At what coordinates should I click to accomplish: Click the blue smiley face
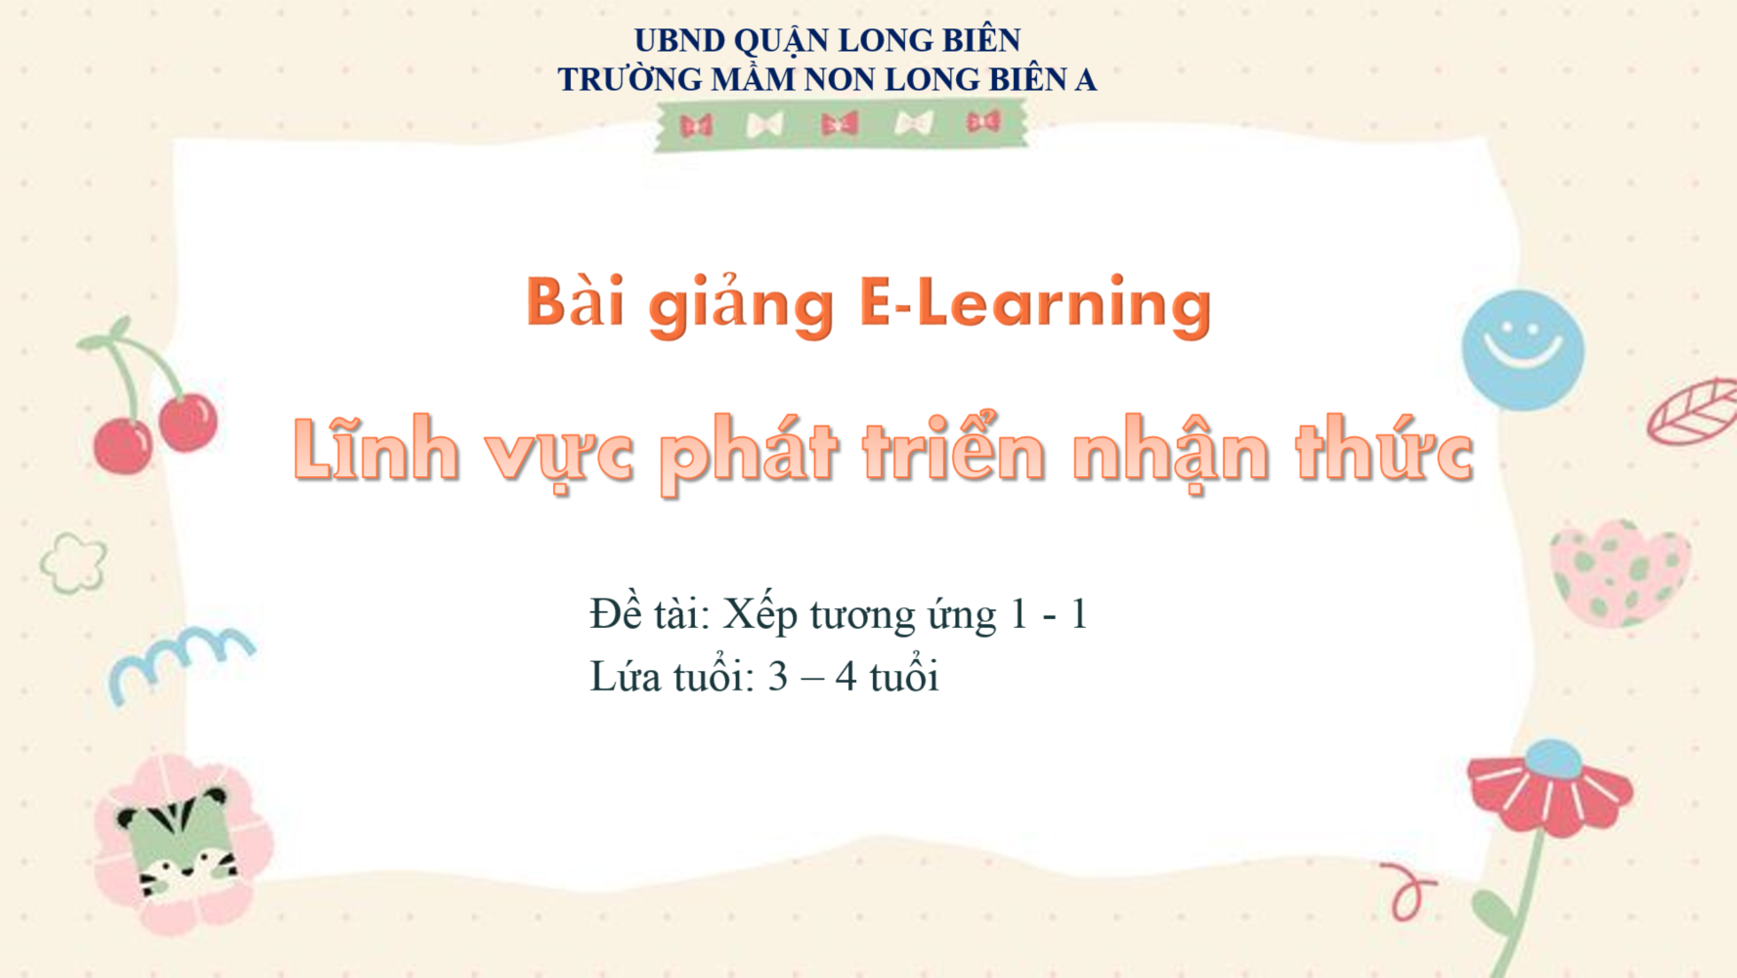pos(1522,350)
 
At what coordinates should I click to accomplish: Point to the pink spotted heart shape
pos(1621,573)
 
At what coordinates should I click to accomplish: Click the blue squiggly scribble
pos(180,659)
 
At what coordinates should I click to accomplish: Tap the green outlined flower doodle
pos(73,563)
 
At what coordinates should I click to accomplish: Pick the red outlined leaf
pos(1694,411)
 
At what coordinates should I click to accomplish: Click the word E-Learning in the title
pos(1035,304)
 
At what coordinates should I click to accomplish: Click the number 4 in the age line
pos(846,677)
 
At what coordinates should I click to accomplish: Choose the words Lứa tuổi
pos(673,675)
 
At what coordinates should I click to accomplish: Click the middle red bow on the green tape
pos(840,124)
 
